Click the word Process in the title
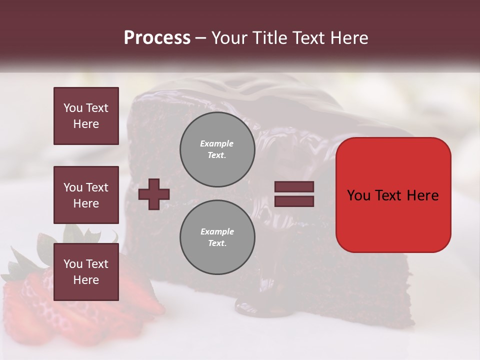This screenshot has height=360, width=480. click(157, 38)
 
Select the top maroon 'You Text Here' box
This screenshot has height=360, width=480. click(86, 116)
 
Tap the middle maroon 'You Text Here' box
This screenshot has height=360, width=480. click(86, 195)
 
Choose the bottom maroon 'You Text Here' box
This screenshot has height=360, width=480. click(86, 272)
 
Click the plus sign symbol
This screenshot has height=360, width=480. click(154, 194)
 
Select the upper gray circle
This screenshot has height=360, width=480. click(217, 149)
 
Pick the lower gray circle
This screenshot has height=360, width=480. click(217, 237)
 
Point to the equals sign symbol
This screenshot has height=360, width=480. click(294, 194)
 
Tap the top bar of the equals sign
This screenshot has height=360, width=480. click(294, 187)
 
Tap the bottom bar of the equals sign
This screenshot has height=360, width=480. click(294, 201)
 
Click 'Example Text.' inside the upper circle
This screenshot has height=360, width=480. click(217, 149)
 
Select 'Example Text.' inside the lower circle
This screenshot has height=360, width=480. click(217, 237)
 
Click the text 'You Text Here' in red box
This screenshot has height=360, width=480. click(393, 195)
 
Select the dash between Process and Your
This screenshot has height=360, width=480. click(201, 38)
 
